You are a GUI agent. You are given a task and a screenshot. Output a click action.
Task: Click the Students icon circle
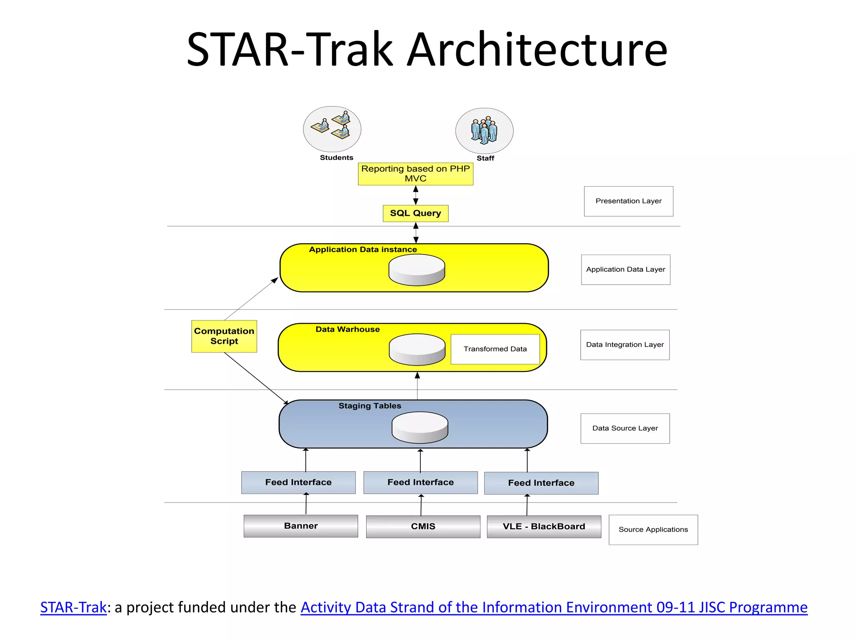(332, 129)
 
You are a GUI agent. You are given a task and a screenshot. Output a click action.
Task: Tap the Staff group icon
(484, 131)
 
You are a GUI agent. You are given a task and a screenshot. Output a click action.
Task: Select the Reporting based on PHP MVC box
(415, 174)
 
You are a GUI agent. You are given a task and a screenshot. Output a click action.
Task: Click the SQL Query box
(415, 213)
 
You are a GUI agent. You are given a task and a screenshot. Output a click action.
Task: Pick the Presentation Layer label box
(628, 201)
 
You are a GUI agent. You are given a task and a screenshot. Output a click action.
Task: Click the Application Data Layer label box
(625, 270)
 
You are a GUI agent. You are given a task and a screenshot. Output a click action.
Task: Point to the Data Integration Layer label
(625, 345)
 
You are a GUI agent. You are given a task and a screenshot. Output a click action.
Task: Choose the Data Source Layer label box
(625, 428)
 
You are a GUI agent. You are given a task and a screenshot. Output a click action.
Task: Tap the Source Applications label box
(653, 530)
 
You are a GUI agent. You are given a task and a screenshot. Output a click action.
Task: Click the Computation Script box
(224, 336)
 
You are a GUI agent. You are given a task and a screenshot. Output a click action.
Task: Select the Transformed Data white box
(495, 349)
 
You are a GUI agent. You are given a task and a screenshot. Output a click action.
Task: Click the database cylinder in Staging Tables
(420, 427)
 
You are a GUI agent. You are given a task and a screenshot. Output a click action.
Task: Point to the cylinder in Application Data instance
(417, 270)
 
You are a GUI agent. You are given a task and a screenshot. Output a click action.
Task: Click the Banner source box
(301, 526)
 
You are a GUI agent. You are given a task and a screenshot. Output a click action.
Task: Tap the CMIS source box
(423, 526)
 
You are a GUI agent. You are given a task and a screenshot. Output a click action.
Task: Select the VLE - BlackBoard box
(544, 526)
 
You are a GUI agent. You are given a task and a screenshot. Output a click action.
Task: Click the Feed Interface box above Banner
(298, 482)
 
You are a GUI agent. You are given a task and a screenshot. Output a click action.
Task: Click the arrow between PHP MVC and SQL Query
(415, 195)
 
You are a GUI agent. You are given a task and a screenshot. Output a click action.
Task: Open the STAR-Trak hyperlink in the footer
(73, 607)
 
